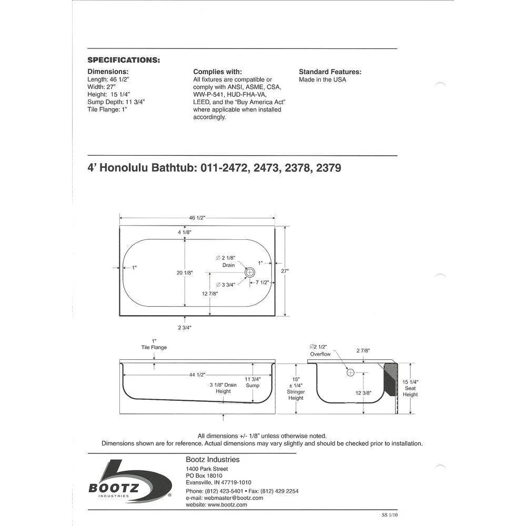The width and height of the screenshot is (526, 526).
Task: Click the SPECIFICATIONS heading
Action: (x=124, y=60)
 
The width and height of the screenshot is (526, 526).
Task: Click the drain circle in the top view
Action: (x=250, y=272)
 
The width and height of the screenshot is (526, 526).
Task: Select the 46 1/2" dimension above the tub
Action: (x=197, y=218)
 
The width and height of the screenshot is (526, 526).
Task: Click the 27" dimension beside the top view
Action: (x=285, y=271)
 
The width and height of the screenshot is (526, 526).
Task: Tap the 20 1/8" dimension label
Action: (x=185, y=272)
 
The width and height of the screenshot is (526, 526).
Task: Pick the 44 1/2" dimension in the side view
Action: (x=197, y=375)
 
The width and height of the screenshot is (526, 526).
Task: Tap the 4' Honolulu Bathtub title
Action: (x=214, y=168)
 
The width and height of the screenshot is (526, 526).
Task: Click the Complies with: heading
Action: (x=217, y=72)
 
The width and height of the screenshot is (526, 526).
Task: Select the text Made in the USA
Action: (x=322, y=79)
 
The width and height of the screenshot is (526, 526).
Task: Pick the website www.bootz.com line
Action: (x=216, y=504)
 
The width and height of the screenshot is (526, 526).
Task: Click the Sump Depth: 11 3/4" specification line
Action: (x=116, y=102)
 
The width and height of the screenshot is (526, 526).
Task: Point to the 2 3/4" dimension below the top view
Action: (x=185, y=328)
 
